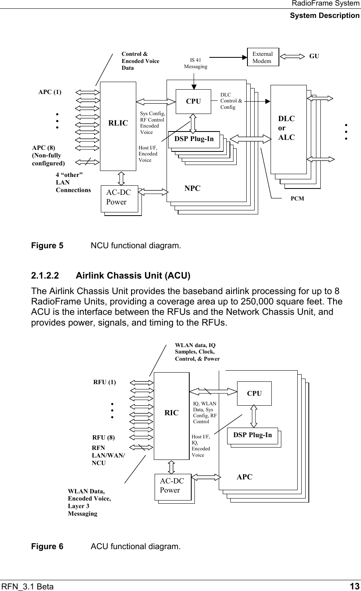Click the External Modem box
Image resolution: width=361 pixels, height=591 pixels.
[x=263, y=57]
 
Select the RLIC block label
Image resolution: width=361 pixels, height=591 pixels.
[x=118, y=123]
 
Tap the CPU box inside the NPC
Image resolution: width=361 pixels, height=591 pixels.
[x=193, y=101]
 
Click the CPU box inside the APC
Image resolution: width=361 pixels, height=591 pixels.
[x=254, y=393]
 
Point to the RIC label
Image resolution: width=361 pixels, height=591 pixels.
[x=172, y=413]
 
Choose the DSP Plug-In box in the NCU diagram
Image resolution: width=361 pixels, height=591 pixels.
[x=194, y=139]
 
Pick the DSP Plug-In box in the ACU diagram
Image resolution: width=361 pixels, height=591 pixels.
[x=253, y=435]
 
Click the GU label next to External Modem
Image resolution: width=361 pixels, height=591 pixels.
[x=314, y=57]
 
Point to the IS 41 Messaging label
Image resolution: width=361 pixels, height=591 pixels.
[x=195, y=63]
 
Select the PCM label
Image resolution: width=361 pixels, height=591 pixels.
[x=297, y=198]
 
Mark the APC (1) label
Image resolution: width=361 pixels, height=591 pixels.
[x=50, y=92]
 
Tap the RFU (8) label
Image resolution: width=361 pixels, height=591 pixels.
[x=104, y=438]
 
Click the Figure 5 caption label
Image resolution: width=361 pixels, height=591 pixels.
[x=47, y=245]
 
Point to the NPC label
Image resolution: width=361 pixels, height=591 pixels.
[x=192, y=188]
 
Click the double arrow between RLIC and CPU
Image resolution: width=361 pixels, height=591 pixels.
[x=156, y=101]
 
